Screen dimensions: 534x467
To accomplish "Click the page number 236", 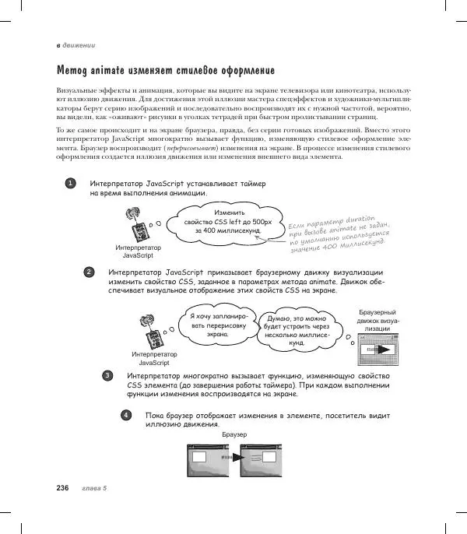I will click(64, 488).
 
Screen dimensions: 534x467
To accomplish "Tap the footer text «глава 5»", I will click(94, 488).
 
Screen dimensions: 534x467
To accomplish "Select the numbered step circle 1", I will click(70, 184).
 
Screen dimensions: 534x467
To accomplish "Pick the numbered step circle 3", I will click(107, 376).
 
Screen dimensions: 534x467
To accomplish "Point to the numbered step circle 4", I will click(126, 415).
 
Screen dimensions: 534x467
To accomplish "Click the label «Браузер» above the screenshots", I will click(234, 433).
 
